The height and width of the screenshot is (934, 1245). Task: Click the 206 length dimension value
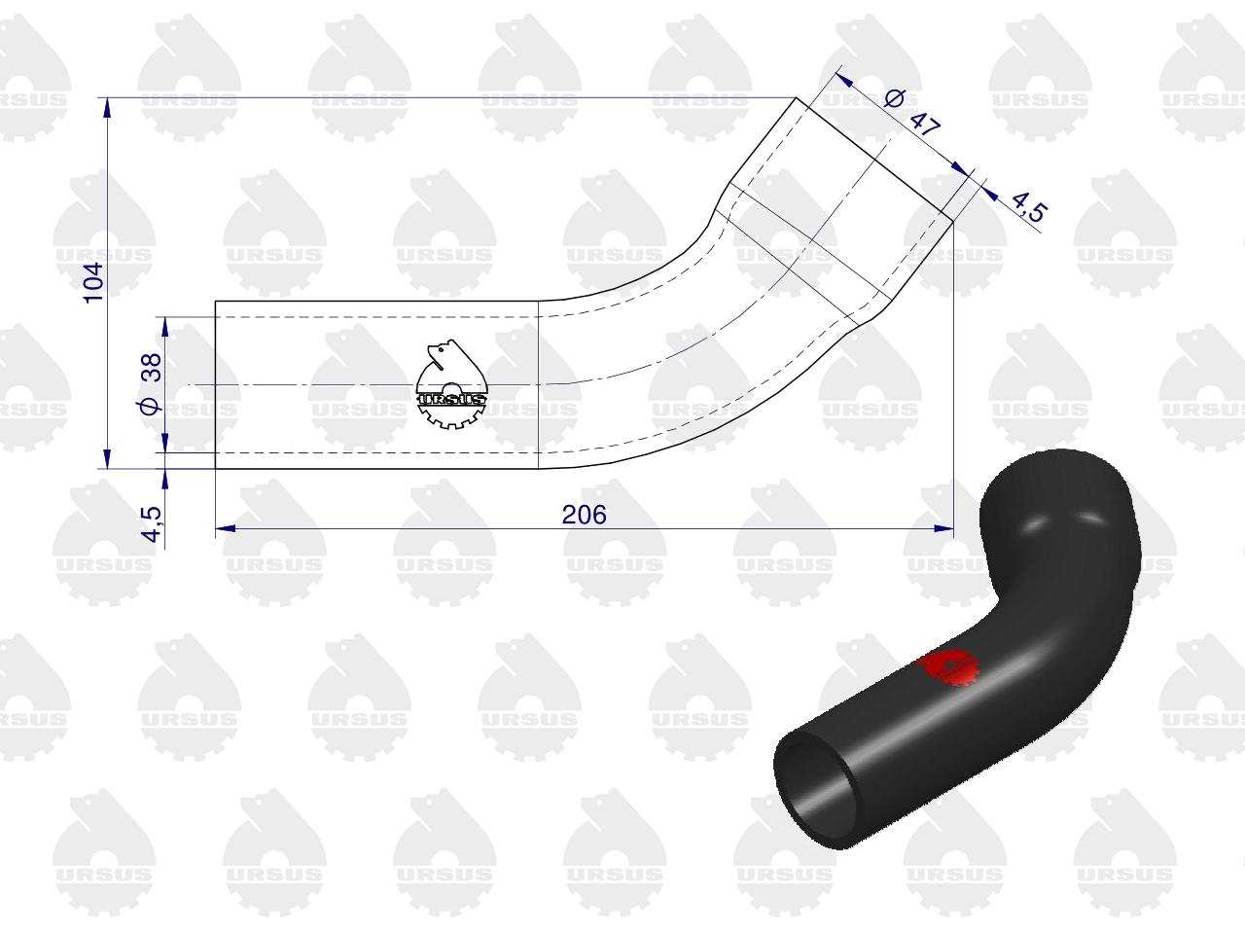point(584,515)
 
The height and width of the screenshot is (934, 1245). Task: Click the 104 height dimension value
point(93,282)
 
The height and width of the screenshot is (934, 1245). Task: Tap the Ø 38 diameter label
point(152,384)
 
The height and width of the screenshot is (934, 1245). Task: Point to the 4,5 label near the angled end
point(1029,207)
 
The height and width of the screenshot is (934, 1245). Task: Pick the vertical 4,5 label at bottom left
point(152,524)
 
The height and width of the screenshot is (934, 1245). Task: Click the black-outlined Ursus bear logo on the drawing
point(451,384)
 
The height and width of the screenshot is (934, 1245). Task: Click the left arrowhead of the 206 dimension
point(226,528)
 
